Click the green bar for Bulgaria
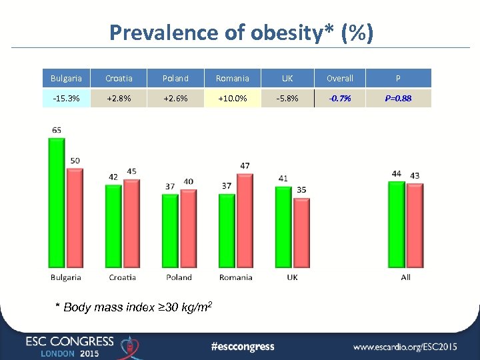57,203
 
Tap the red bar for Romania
245,221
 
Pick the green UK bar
283,227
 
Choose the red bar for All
415,227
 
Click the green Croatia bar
114,227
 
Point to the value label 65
57,131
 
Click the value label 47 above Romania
245,165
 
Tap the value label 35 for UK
301,190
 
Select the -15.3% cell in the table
66,99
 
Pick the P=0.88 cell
398,99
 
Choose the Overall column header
340,79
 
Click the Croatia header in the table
119,79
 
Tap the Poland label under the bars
179,277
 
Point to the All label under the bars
405,277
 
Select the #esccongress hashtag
242,346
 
